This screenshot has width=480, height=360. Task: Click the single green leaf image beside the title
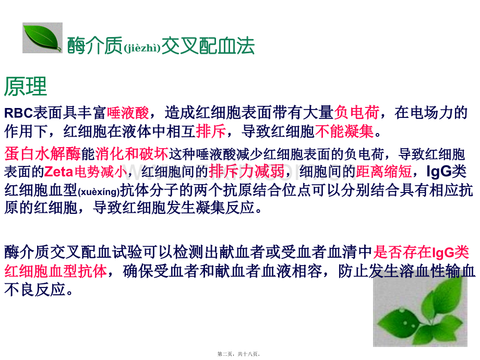[x=42, y=38]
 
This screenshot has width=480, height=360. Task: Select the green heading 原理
[x=26, y=86]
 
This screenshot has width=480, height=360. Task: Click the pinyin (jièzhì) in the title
[x=142, y=48]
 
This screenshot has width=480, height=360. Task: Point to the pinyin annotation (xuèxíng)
[x=99, y=192]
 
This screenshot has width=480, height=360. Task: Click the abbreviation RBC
[x=18, y=113]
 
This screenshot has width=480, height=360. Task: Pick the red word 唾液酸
[x=128, y=113]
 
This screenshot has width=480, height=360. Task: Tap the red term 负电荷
[x=357, y=112]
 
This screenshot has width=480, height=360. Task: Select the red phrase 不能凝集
[x=344, y=131]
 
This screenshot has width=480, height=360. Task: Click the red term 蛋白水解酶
[x=43, y=154]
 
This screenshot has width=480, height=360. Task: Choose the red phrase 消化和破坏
[x=131, y=154]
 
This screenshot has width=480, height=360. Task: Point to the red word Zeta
[x=58, y=172]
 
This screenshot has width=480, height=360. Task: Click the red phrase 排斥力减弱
[x=247, y=171]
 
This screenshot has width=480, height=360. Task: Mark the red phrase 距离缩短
[x=384, y=171]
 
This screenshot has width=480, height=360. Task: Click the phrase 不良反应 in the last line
[x=35, y=290]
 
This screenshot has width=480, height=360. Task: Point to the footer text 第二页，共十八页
[x=238, y=354]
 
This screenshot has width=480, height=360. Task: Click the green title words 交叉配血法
[x=208, y=46]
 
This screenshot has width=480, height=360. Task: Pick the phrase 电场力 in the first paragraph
[x=431, y=112]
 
